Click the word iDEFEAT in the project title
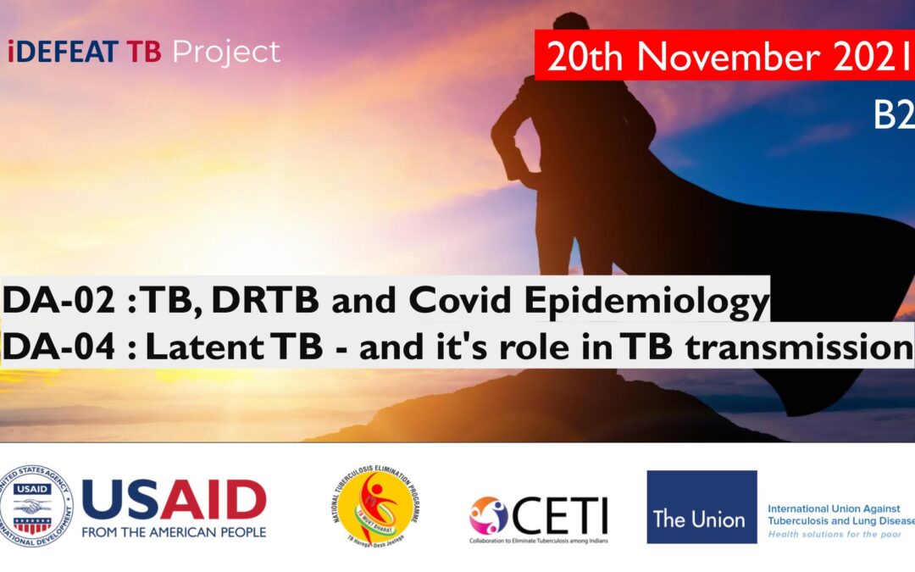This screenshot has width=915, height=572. point(63,53)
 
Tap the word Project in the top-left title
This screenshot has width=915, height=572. point(226,53)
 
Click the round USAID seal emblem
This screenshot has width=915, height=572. point(36,507)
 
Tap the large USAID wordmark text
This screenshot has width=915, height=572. point(174,500)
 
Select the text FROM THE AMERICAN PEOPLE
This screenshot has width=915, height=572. point(174,532)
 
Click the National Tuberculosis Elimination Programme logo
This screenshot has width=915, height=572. point(375,507)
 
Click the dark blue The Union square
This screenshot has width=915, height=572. point(701,507)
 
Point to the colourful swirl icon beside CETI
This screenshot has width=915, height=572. point(489,514)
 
